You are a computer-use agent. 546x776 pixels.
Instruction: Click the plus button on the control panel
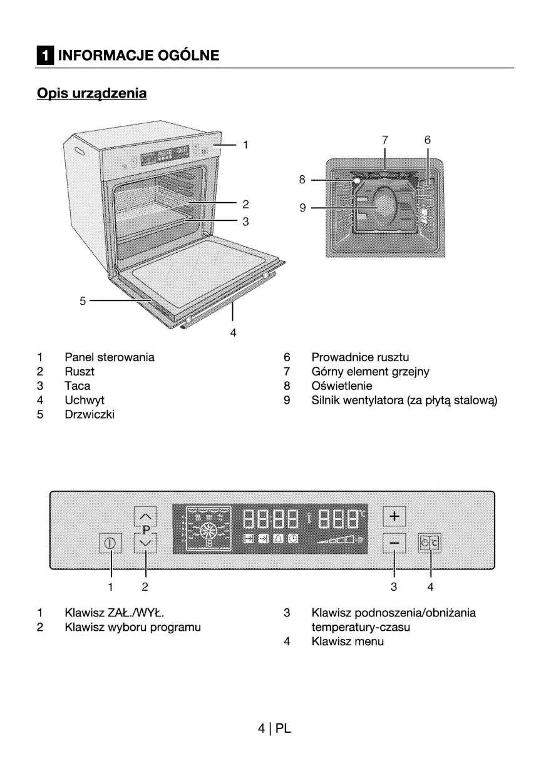coord(394,516)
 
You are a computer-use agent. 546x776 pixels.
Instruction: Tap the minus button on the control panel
coord(394,543)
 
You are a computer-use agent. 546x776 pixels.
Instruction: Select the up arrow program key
coord(145,516)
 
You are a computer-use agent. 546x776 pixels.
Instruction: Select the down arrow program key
coord(145,543)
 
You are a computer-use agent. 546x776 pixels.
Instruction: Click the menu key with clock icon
coord(430,543)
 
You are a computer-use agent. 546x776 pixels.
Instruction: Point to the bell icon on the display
coord(277,539)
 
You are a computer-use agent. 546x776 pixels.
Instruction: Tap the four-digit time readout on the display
coord(270,519)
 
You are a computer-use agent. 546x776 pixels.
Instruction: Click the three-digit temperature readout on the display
coord(339,519)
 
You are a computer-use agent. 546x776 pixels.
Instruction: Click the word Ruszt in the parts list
coord(80,372)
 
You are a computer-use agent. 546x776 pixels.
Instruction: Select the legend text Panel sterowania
coord(109,357)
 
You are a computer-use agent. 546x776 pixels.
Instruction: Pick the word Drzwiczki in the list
coord(90,414)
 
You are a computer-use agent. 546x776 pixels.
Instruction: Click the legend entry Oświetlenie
coord(341,386)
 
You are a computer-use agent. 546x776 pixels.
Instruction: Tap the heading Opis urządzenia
coord(92,94)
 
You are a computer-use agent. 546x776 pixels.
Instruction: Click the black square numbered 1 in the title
coord(44,56)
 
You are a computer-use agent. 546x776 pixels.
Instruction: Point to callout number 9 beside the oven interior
coord(302,208)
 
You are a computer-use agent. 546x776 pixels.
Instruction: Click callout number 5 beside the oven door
coord(83,301)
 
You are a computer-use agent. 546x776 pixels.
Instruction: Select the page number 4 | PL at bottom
coord(274,728)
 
